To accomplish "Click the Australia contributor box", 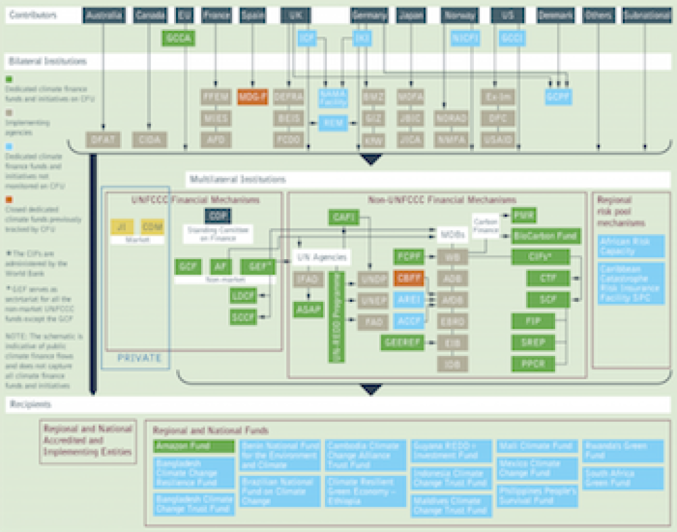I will coord(105,15).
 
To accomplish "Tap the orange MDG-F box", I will coord(253,97).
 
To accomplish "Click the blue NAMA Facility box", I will coord(333,99).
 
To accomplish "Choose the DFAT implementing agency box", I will coord(103,139).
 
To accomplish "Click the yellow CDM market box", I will coord(152,227).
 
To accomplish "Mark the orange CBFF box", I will coord(408,278).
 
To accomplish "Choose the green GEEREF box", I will coord(402,343).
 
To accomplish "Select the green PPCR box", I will coord(533,363).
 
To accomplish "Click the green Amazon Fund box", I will coord(194,447).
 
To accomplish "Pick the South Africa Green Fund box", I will coord(623,478).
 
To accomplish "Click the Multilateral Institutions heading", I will coord(237,179).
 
